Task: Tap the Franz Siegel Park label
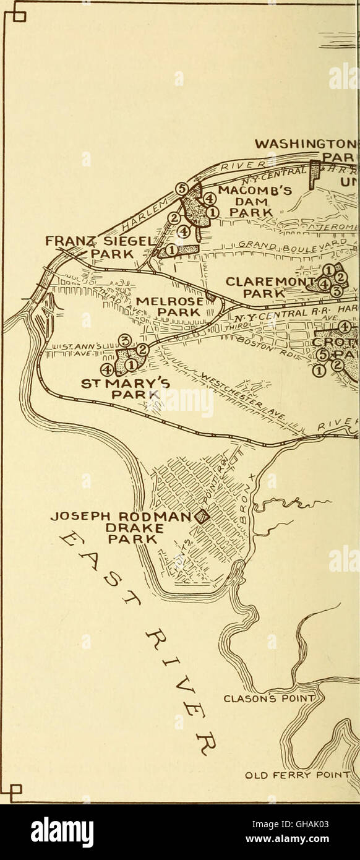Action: click(x=105, y=246)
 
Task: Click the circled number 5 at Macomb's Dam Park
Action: click(x=181, y=189)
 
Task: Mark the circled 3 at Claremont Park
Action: click(x=336, y=290)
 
